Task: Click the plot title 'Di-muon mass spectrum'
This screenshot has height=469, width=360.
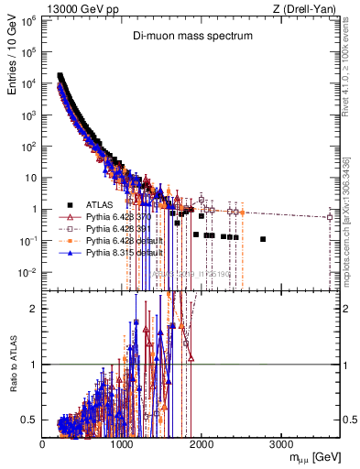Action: [189, 38]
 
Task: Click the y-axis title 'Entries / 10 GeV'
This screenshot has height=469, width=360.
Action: [12, 60]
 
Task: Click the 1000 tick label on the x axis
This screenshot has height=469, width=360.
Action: [122, 444]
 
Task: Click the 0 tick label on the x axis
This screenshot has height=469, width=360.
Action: [43, 444]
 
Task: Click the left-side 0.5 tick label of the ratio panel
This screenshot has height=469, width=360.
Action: [32, 420]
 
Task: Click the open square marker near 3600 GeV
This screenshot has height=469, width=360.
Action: [329, 217]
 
